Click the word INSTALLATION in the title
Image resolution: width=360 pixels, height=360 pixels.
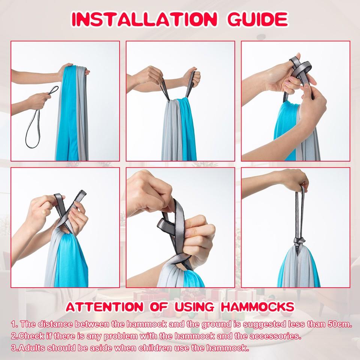coord(144,19)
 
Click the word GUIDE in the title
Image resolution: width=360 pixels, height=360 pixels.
coord(258,19)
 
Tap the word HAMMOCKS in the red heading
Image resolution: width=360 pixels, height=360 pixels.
coord(257,307)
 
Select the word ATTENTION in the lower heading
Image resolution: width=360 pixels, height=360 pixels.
coord(105,307)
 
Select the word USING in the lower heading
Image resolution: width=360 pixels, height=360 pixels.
coord(194,307)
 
